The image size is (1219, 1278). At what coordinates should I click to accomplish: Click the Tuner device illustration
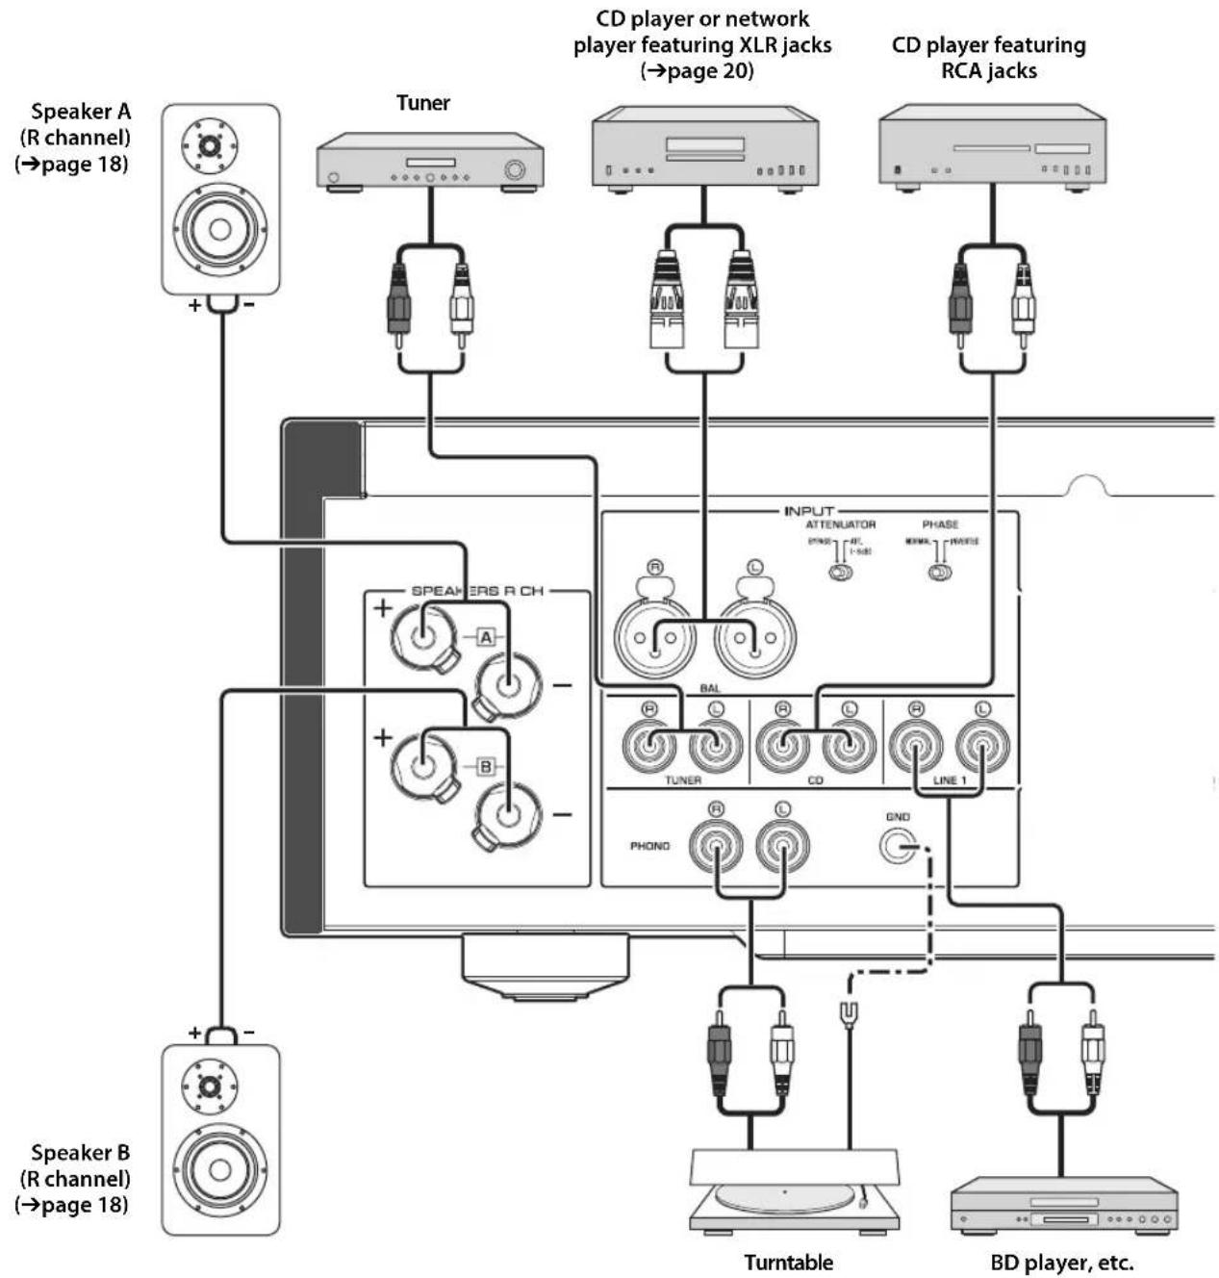[430, 165]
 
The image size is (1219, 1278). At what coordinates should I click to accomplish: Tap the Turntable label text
[788, 1262]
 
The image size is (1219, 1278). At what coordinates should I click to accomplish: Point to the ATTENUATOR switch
[840, 573]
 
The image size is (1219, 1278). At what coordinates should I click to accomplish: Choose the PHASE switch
[939, 573]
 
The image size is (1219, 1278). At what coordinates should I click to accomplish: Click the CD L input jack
[849, 744]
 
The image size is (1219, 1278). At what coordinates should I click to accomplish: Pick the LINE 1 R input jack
[916, 744]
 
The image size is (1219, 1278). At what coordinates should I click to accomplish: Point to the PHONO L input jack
[782, 846]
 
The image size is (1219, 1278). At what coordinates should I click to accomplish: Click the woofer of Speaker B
[219, 1170]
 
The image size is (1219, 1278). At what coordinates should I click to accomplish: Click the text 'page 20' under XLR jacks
[705, 70]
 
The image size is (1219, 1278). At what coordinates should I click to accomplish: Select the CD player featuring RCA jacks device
[992, 149]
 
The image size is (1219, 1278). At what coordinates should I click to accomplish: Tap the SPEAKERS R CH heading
[477, 590]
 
